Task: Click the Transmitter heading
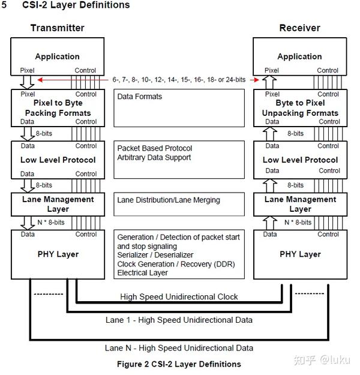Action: point(58,28)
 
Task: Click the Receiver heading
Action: point(299,28)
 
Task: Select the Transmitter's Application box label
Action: point(57,56)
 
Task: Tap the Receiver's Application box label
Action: point(299,56)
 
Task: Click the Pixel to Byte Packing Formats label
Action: point(58,107)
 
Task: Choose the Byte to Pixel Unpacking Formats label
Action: point(300,107)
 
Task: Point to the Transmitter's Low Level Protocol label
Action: point(58,160)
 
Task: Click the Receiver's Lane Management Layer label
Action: point(300,204)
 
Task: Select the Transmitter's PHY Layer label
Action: point(58,254)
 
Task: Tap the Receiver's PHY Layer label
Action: point(300,254)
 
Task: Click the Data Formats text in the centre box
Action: point(139,96)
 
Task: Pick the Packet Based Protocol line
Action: point(154,148)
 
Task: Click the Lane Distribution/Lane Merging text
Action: point(169,200)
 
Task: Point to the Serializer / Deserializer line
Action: point(155,255)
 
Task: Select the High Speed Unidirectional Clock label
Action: point(179,296)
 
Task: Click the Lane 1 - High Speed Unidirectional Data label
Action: point(179,320)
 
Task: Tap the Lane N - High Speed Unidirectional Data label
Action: point(179,347)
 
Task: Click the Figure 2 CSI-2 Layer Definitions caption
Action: point(179,364)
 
